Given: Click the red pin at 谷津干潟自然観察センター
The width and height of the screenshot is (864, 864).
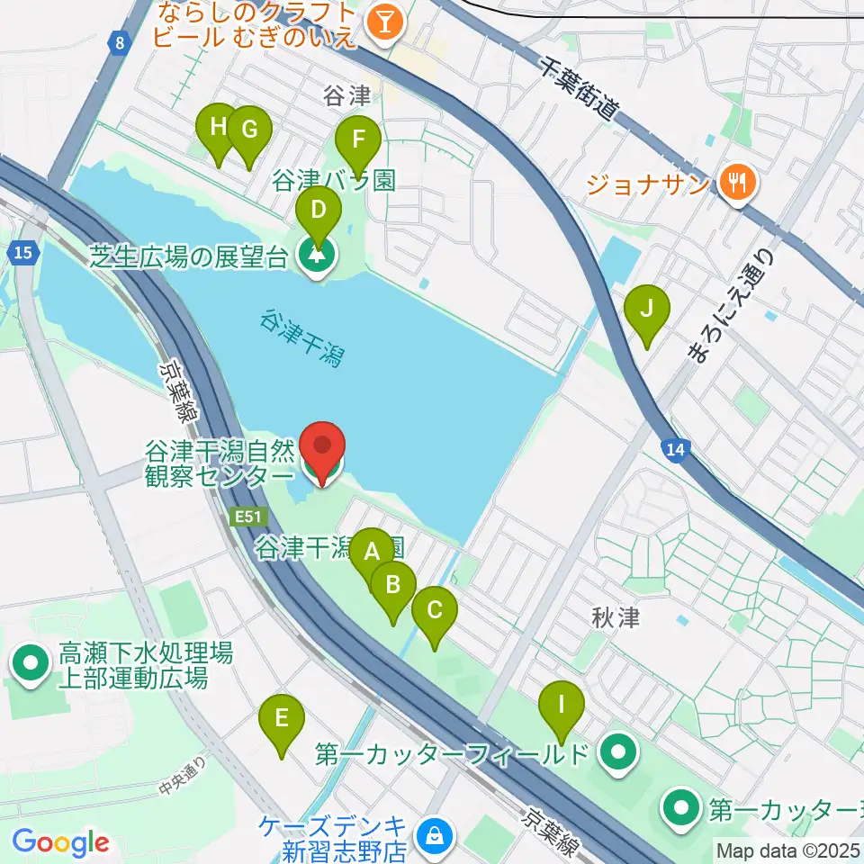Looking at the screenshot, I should (x=321, y=447).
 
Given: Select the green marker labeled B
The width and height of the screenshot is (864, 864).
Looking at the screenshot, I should (x=392, y=586).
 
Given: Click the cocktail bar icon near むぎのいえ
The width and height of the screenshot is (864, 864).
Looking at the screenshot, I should (x=385, y=24).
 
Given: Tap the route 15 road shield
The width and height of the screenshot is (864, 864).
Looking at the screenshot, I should (x=26, y=255).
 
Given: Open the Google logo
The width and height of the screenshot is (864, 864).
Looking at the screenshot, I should (x=60, y=843).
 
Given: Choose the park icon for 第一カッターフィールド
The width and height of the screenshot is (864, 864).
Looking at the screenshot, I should (x=617, y=753).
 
